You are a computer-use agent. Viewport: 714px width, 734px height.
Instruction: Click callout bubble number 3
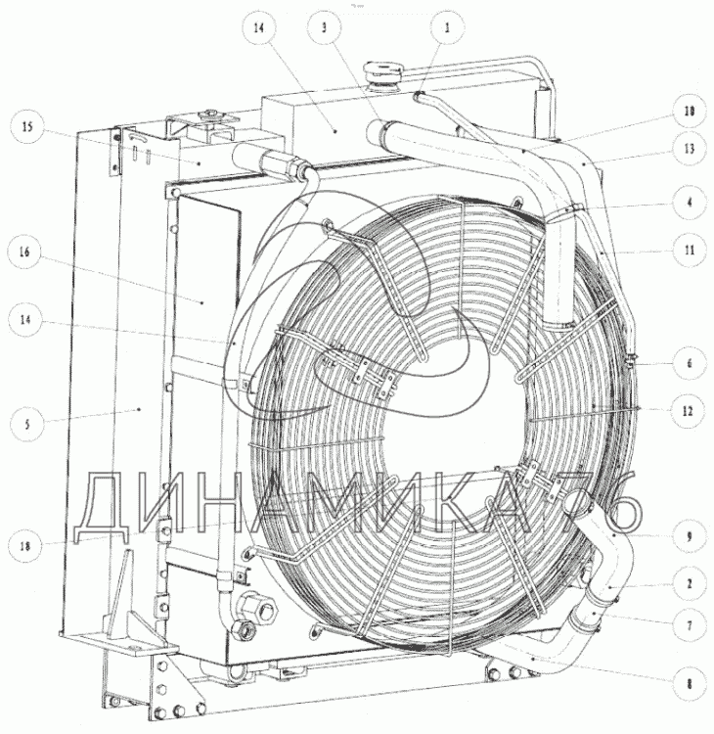tap(324, 28)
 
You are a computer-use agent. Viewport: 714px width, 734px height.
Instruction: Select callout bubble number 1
tap(447, 28)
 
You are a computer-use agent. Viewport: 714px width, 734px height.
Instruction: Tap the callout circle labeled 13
tap(689, 150)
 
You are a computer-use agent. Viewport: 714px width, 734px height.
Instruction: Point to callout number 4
tap(689, 203)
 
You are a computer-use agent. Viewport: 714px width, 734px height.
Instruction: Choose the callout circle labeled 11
tap(689, 250)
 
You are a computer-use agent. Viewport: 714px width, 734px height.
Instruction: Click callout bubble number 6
tap(689, 363)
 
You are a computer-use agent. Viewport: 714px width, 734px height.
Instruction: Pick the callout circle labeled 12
tap(687, 411)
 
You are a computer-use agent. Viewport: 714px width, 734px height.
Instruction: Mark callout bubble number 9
tap(689, 536)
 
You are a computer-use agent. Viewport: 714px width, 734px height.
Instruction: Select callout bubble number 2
tap(689, 584)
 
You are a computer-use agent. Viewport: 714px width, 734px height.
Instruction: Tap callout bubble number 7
tap(689, 625)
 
